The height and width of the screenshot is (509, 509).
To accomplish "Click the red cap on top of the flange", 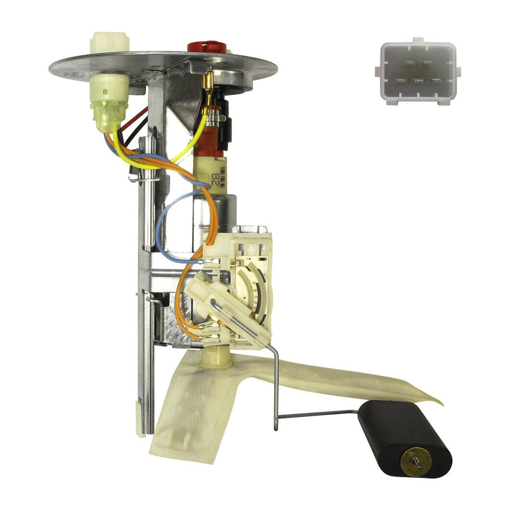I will tap(207, 47).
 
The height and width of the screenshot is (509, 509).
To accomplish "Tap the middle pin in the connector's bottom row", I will tap(418, 79).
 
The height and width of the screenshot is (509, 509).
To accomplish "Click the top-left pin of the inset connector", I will tap(409, 63).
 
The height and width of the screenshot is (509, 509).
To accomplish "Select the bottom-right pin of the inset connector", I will tap(436, 79).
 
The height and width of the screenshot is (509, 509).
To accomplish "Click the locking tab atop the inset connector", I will tap(418, 40).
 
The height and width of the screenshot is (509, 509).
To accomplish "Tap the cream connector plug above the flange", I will tap(109, 42).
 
